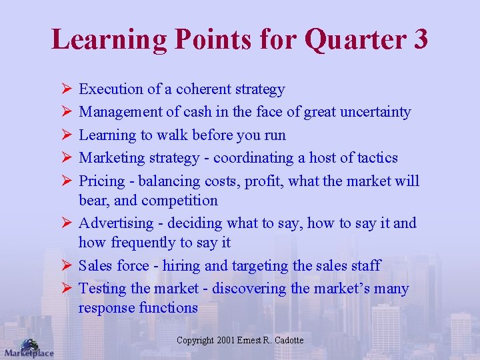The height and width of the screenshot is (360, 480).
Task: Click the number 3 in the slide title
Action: [419, 39]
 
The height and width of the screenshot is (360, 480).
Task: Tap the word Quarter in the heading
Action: [353, 40]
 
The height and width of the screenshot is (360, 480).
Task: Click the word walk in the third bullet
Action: [171, 135]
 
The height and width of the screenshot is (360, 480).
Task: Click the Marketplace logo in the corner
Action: [28, 348]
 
